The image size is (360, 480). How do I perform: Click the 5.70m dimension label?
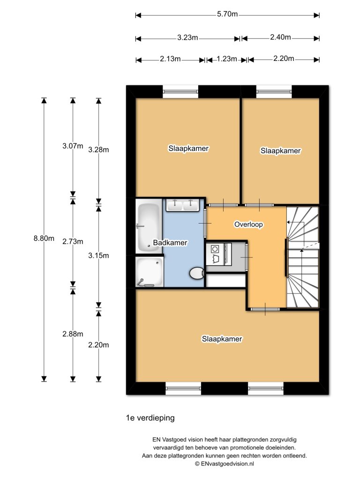[227, 15]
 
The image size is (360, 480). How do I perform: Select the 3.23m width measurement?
[187, 37]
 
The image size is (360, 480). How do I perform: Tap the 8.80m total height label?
[41, 238]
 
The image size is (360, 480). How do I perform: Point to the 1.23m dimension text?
[227, 59]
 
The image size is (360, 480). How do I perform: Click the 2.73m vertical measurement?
[73, 241]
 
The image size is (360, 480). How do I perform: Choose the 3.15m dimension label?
[98, 255]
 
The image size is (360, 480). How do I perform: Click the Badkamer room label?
[170, 243]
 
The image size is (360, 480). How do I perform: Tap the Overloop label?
[248, 225]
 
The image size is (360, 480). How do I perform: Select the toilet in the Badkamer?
[197, 273]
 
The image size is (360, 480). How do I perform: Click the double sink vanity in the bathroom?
[183, 205]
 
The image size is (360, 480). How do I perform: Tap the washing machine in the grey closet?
[217, 254]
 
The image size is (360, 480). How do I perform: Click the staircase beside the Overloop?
[303, 258]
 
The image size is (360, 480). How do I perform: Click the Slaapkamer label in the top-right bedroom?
[280, 151]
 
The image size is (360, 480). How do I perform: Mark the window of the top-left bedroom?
[180, 91]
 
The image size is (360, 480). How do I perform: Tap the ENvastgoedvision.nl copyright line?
[224, 464]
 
